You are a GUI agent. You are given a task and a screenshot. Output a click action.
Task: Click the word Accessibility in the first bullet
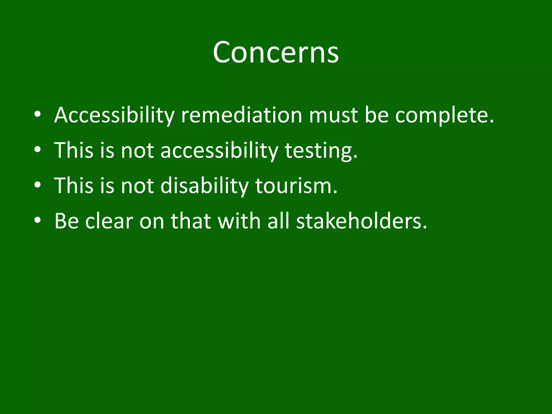tap(114, 115)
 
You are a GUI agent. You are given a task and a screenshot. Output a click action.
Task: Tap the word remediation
tap(241, 115)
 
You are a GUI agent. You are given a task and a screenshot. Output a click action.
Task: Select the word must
tap(333, 115)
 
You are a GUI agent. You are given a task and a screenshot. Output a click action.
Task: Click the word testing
tap(321, 150)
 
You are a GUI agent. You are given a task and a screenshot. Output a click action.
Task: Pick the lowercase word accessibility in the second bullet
tap(219, 150)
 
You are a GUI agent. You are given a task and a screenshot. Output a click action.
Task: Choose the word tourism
tap(296, 186)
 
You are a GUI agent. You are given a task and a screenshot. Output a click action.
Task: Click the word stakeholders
tap(361, 221)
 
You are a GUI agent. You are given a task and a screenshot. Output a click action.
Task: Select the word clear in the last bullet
tap(109, 221)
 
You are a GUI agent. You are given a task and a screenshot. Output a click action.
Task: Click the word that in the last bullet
tap(191, 221)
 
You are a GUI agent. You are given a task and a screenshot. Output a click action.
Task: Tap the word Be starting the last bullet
tap(67, 221)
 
